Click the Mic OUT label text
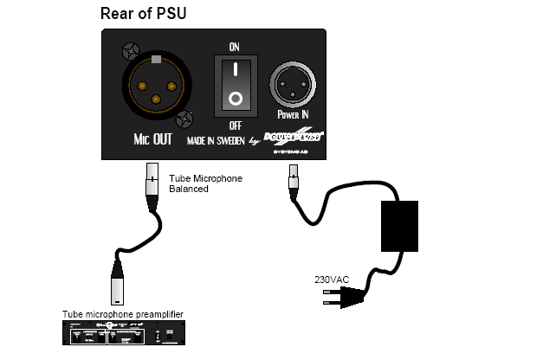(154, 138)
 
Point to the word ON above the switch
(233, 45)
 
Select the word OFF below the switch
(233, 125)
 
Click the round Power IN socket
(292, 87)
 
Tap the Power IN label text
(293, 113)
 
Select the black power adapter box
(399, 226)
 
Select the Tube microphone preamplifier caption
(123, 313)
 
